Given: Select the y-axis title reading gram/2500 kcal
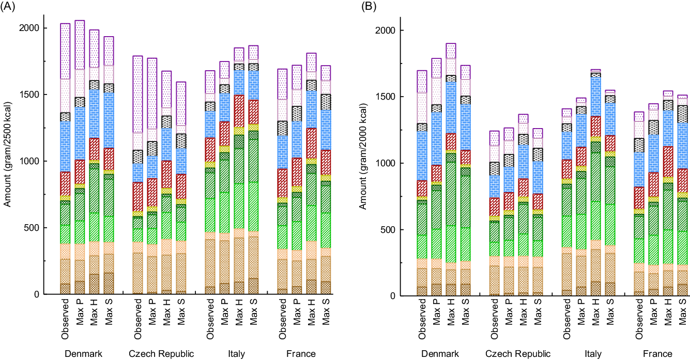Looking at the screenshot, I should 7,161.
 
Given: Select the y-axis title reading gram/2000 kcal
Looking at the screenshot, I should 363,163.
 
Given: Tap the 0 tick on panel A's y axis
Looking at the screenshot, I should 39,294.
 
